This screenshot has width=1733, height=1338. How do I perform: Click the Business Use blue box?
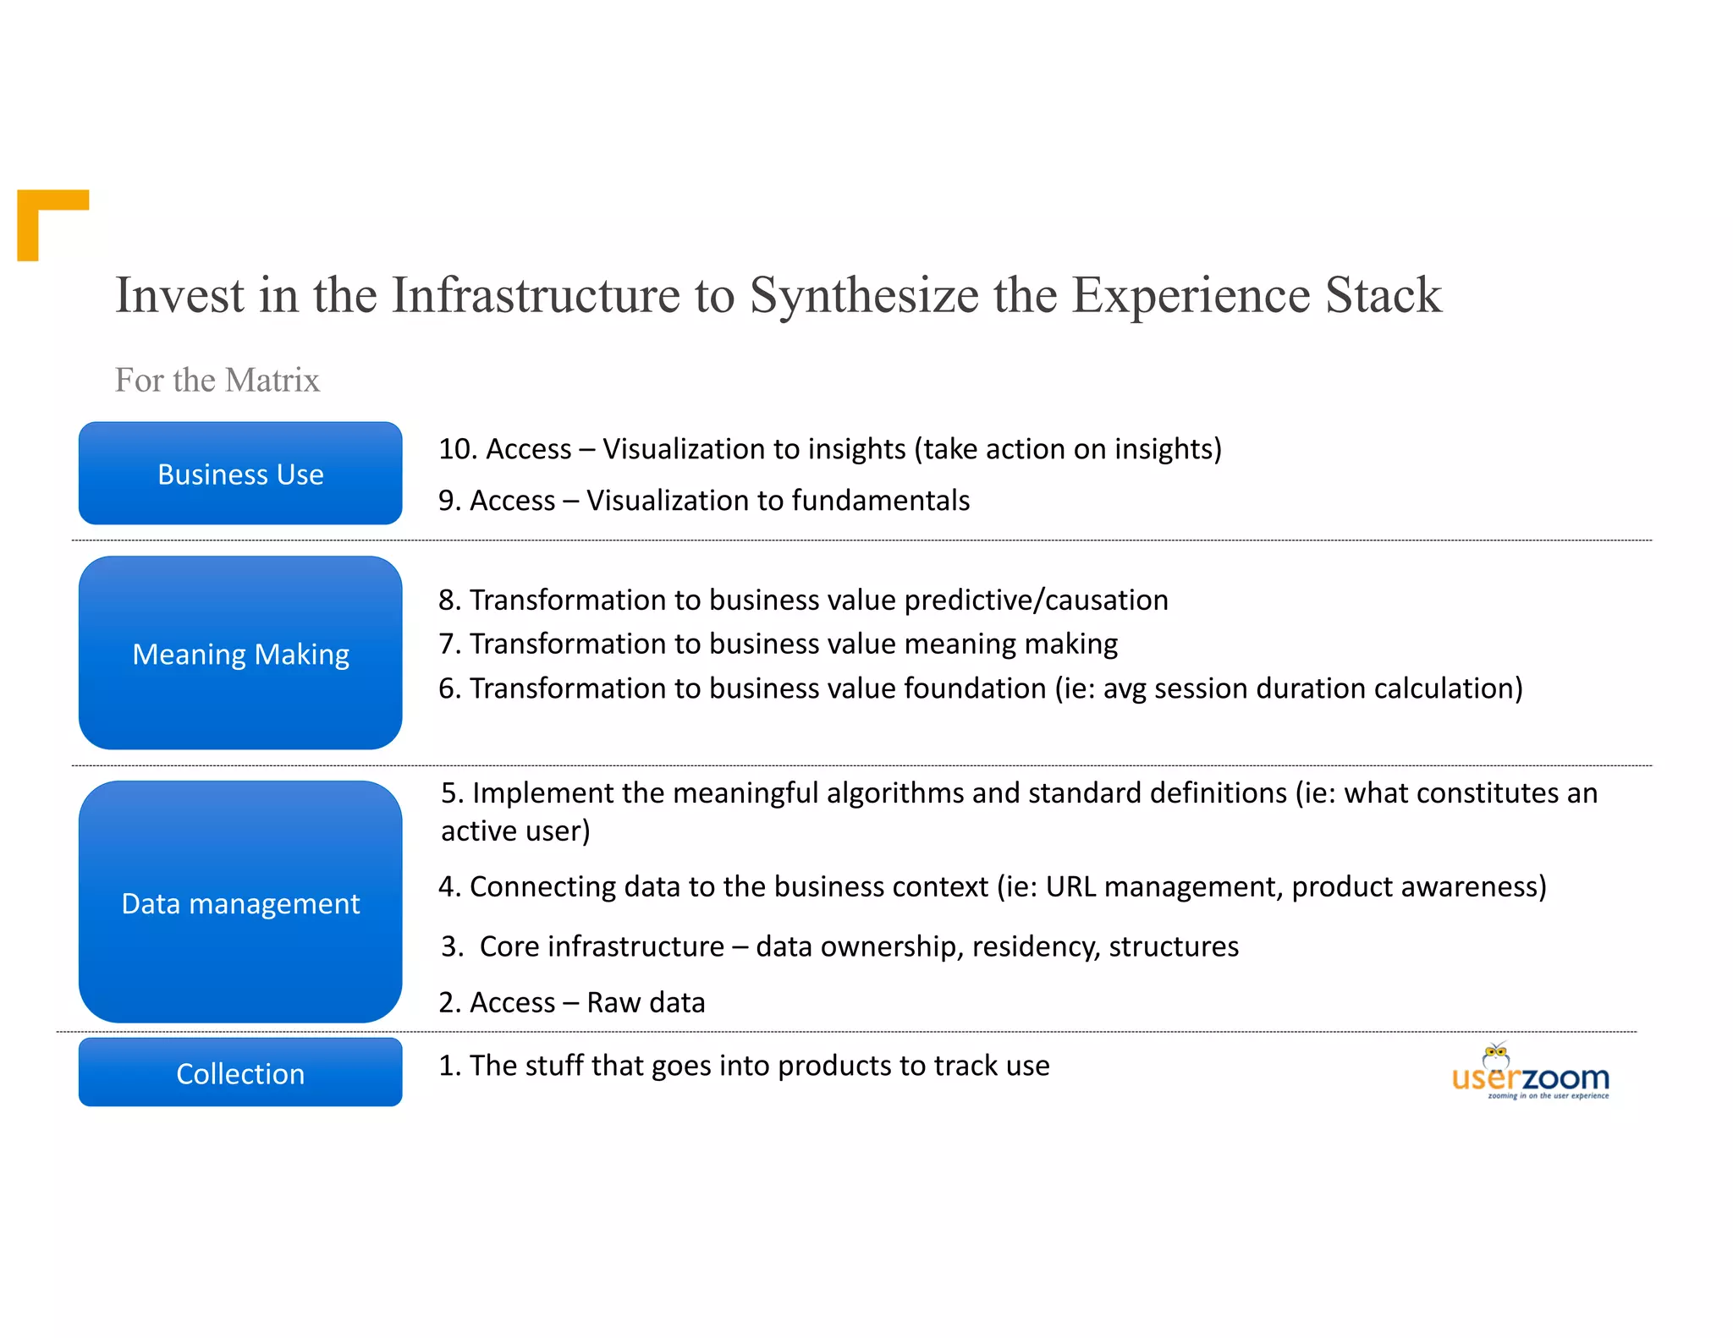tap(240, 474)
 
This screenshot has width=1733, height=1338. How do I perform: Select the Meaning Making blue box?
tap(240, 653)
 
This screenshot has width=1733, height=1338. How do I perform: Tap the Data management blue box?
tap(240, 902)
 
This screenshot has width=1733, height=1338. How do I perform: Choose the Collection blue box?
tap(240, 1072)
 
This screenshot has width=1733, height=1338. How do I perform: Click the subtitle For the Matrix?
tap(217, 381)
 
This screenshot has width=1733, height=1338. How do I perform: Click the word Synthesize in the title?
tap(864, 295)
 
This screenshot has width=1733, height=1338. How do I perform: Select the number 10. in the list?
tap(459, 449)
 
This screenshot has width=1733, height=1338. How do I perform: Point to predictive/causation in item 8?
tap(1036, 600)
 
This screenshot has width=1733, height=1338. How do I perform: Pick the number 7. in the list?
tap(449, 644)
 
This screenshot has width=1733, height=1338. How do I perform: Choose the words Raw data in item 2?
tap(646, 1002)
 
